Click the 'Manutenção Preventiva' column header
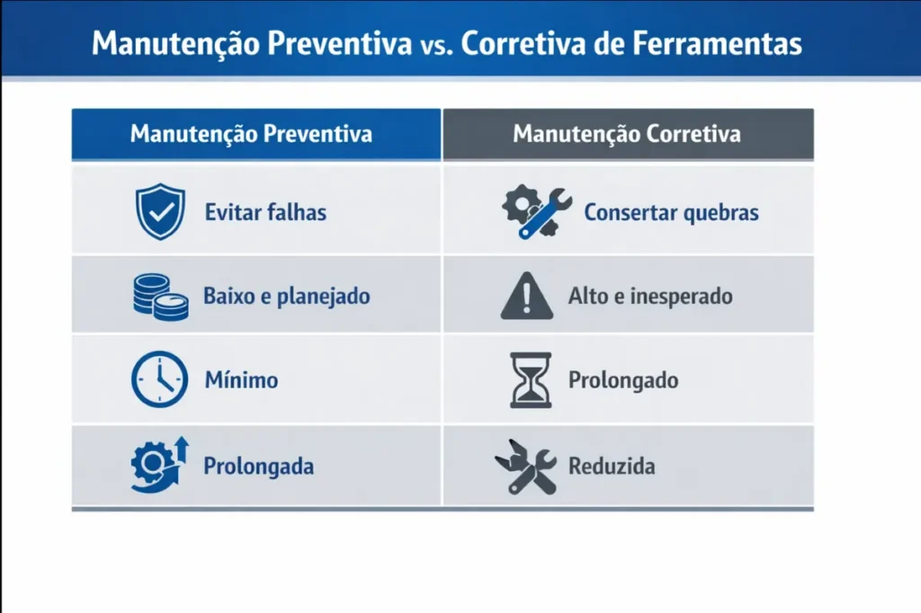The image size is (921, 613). (x=251, y=135)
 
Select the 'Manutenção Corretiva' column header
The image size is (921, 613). (x=627, y=135)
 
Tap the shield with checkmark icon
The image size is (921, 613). (x=159, y=212)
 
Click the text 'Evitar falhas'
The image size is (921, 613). (x=265, y=213)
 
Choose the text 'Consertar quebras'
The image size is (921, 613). (x=671, y=213)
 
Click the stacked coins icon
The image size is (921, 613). (x=161, y=297)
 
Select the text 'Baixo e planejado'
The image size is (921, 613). (x=286, y=297)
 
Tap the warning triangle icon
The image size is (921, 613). (x=527, y=297)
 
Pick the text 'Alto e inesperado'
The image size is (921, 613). (x=650, y=296)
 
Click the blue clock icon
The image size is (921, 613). (x=159, y=379)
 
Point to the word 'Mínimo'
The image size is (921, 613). (x=240, y=380)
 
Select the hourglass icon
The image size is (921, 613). (x=531, y=379)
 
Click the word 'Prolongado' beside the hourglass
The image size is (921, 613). (x=622, y=380)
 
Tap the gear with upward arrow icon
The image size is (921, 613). (x=158, y=464)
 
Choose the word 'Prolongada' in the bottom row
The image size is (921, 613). (x=258, y=467)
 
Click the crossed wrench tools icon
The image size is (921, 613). (x=526, y=466)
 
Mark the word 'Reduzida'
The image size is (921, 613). (x=612, y=466)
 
